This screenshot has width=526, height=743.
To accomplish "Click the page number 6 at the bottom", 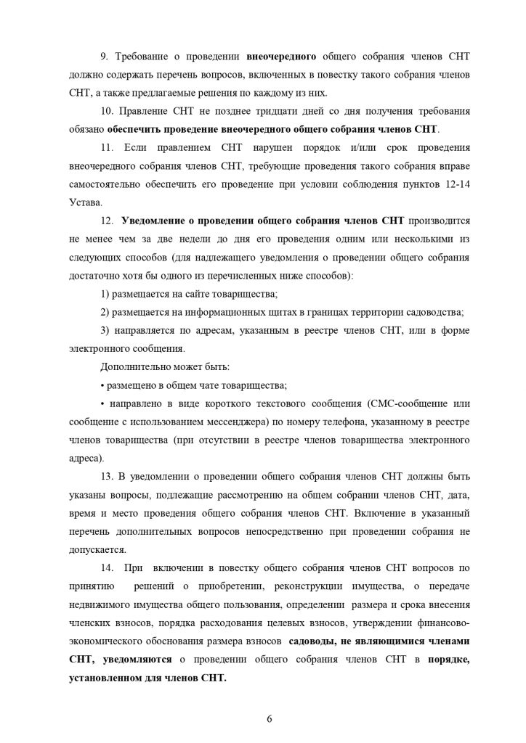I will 270,718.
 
